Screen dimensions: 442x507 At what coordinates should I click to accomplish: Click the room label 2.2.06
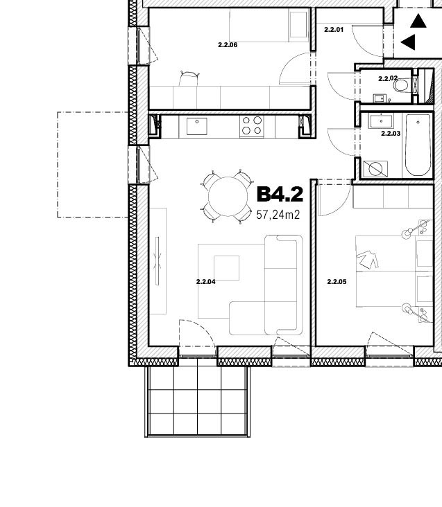click(x=228, y=45)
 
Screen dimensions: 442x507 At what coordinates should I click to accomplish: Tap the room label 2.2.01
click(x=334, y=30)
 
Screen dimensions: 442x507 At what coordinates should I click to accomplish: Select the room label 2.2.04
click(x=205, y=282)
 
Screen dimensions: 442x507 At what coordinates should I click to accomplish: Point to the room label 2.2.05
click(x=337, y=282)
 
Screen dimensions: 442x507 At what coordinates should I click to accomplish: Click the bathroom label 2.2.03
click(x=391, y=134)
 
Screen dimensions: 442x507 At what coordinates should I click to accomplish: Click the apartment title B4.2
click(x=280, y=195)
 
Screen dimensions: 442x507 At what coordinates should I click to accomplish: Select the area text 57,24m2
click(x=278, y=215)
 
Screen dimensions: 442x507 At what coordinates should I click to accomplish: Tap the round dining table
click(x=228, y=197)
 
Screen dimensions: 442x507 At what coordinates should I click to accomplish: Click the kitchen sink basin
click(x=197, y=127)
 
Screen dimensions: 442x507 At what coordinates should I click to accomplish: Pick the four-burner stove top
click(x=252, y=126)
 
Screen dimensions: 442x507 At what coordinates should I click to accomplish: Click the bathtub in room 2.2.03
click(x=418, y=145)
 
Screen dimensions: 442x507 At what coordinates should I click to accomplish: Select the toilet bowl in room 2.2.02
click(x=401, y=86)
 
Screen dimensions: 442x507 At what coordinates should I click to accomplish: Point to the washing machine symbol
click(x=375, y=169)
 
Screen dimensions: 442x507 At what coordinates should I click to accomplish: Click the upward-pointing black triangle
click(x=418, y=21)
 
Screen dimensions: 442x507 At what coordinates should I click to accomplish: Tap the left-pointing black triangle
click(x=408, y=42)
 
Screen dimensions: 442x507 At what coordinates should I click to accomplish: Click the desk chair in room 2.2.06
click(x=189, y=78)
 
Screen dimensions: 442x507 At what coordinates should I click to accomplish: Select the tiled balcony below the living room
click(x=198, y=401)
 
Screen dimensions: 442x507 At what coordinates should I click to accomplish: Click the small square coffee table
click(x=227, y=268)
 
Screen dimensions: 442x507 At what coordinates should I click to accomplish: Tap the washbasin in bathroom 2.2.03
click(x=381, y=121)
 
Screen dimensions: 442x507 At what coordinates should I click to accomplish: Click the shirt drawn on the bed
click(x=367, y=259)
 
